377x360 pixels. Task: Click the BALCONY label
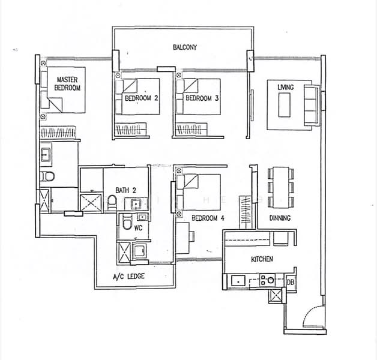coord(184,47)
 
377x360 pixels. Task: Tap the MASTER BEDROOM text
coord(67,83)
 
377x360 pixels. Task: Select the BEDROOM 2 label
coord(142,98)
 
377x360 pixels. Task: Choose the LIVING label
coord(285,88)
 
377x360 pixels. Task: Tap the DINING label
coord(280,218)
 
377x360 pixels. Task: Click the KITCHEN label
coord(262,259)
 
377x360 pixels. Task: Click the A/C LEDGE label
coord(128,277)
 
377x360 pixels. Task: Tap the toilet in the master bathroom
coord(49,176)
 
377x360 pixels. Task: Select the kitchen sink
coord(237,280)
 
